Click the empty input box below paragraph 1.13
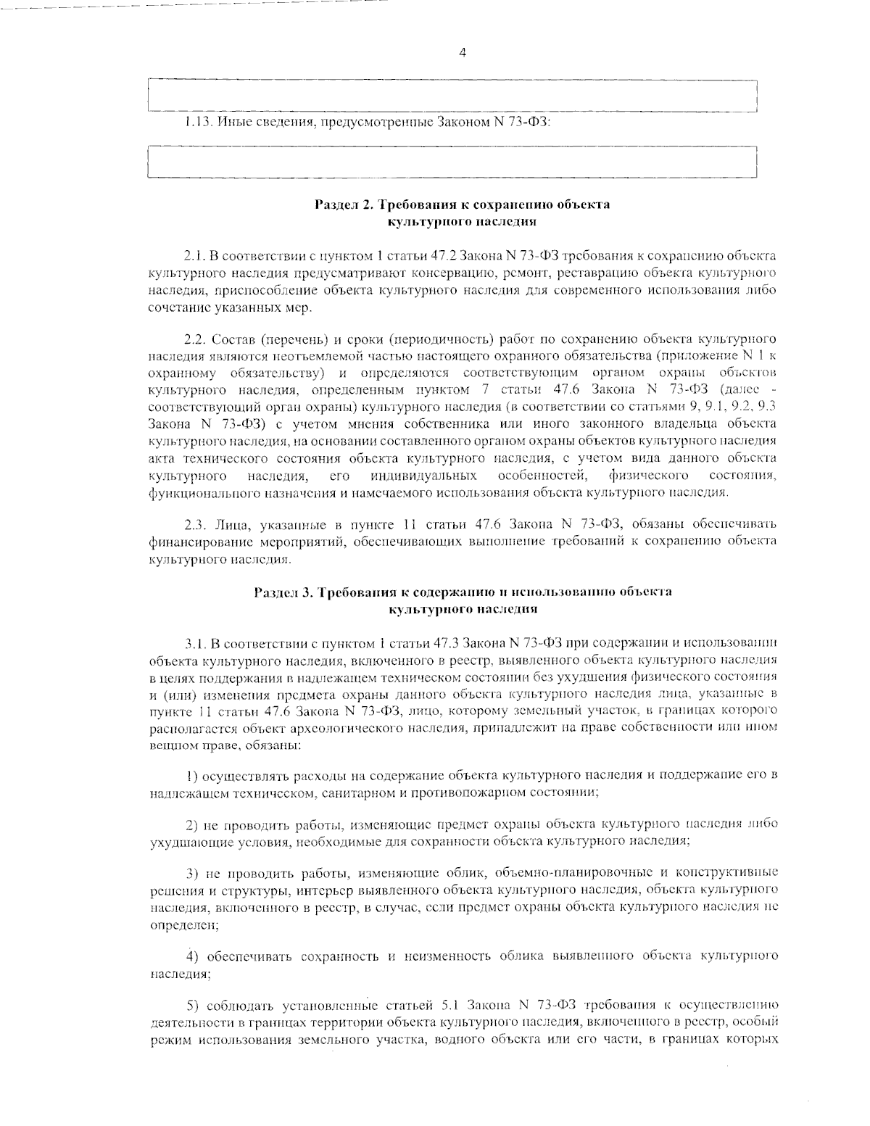coord(451,162)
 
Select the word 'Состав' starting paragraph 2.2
coord(231,339)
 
